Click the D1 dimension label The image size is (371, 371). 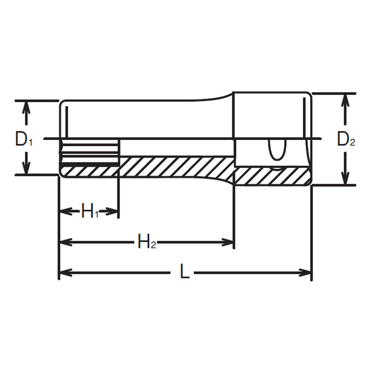23,139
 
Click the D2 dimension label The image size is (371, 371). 345,139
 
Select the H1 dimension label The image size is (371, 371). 90,212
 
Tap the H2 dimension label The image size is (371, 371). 146,242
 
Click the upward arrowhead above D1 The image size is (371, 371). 26,106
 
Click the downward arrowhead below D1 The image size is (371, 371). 26,170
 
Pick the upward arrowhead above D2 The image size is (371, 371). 345,98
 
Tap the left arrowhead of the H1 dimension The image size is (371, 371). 64,212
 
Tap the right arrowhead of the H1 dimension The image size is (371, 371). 114,212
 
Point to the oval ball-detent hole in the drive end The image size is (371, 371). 276,151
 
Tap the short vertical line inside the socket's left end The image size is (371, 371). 67,120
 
